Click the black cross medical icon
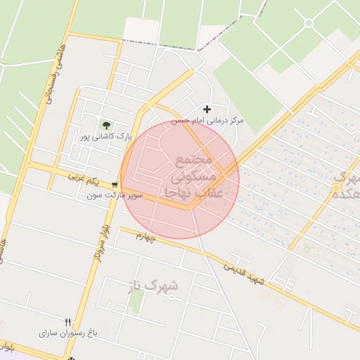(x=207, y=109)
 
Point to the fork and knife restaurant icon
(x=68, y=321)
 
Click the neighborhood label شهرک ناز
(x=153, y=285)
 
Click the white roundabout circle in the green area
(x=308, y=23)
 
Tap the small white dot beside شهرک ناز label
(x=172, y=297)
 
